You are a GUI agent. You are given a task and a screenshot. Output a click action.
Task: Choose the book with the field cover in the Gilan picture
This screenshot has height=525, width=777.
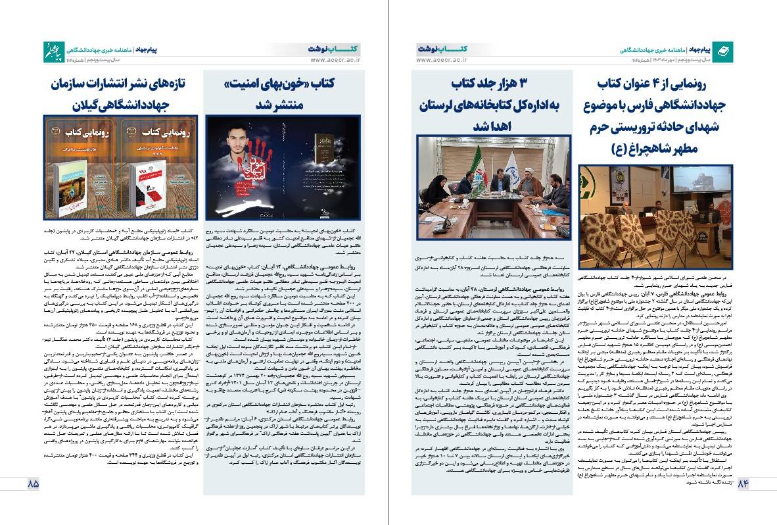coord(74,191)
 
